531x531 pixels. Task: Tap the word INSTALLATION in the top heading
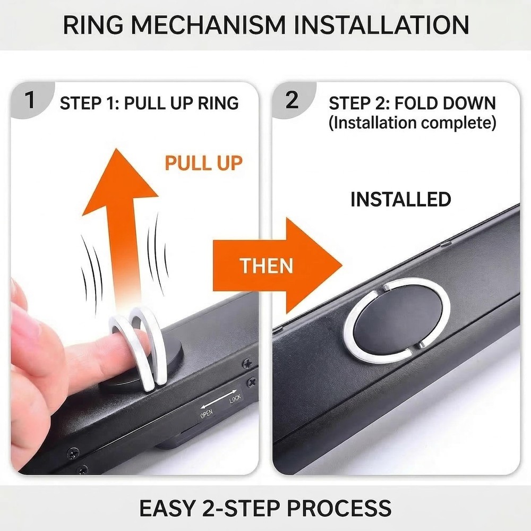tap(381, 25)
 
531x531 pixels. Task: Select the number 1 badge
tap(30, 100)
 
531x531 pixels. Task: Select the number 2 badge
tap(292, 100)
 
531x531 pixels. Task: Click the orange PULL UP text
tap(203, 163)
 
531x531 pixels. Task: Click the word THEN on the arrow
tap(266, 265)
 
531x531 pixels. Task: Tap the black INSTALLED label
tap(400, 199)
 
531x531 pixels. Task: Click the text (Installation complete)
tap(413, 123)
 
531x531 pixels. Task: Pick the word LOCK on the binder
tap(235, 399)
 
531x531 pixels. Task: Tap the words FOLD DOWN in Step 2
tap(446, 103)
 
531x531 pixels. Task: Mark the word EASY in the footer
tap(167, 508)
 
